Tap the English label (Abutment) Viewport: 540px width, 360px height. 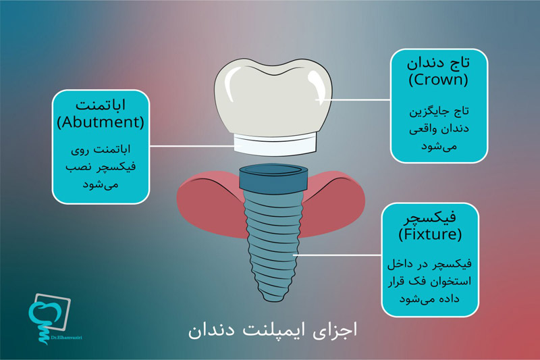click(101, 124)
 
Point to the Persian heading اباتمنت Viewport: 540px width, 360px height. click(101, 106)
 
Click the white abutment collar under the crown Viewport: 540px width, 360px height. click(275, 143)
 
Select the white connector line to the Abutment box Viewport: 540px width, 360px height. click(189, 145)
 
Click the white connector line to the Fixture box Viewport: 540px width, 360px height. click(337, 255)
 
